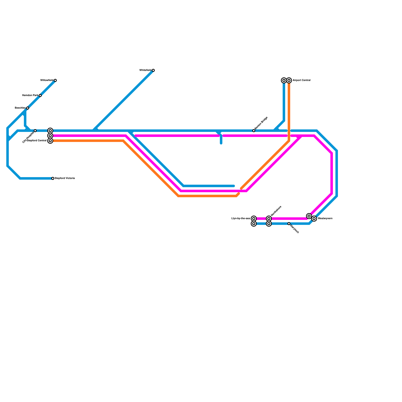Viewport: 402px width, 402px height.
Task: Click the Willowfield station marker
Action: tap(55, 80)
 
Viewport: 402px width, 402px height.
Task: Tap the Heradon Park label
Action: tap(30, 95)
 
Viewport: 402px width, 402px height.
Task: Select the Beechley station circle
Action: tap(28, 108)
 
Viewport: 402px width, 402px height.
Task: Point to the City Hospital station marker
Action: tap(35, 131)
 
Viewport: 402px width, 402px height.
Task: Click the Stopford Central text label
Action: tap(37, 141)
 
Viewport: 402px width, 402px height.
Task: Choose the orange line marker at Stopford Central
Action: tap(50, 141)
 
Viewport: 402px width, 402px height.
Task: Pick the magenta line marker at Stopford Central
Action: tap(50, 136)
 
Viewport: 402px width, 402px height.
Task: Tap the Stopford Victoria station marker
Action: tap(53, 178)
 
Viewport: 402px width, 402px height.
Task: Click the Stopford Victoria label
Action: tap(65, 178)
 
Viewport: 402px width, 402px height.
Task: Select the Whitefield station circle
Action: tap(153, 70)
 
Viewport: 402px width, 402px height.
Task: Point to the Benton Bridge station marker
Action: tap(254, 131)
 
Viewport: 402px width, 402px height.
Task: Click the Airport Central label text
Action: tap(301, 80)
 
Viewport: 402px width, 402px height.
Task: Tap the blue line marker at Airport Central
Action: tap(284, 80)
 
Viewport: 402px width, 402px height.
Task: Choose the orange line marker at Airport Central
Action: tap(289, 80)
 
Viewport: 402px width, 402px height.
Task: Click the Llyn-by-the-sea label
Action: tap(240, 219)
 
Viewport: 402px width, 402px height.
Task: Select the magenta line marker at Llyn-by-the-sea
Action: tap(254, 219)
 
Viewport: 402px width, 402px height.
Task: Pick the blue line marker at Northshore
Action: tap(269, 224)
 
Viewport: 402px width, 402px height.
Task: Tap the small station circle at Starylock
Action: tap(289, 224)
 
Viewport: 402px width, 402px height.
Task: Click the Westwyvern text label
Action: tap(325, 219)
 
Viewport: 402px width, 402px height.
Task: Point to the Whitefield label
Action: tap(145, 70)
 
